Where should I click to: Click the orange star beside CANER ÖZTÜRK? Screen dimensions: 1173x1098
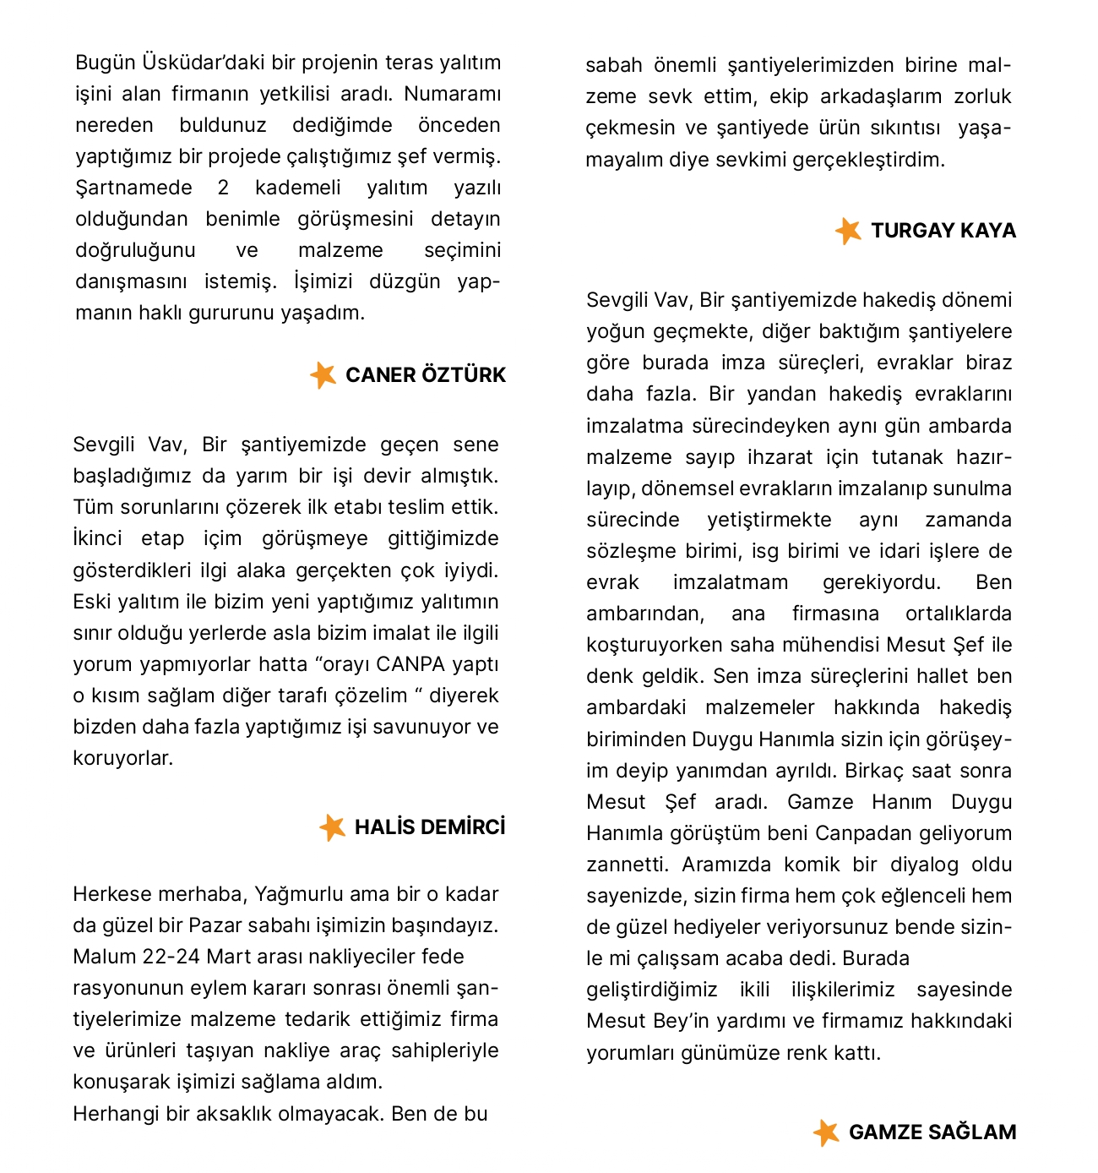click(323, 374)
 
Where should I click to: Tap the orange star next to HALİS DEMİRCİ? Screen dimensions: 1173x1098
click(332, 827)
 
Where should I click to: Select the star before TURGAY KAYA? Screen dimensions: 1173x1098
click(848, 231)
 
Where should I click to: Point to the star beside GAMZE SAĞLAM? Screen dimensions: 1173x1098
click(826, 1132)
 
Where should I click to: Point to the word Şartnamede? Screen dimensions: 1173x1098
click(133, 188)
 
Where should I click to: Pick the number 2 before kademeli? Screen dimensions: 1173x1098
click(223, 188)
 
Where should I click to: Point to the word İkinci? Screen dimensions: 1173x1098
click(97, 538)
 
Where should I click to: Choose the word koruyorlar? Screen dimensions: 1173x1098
click(122, 758)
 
